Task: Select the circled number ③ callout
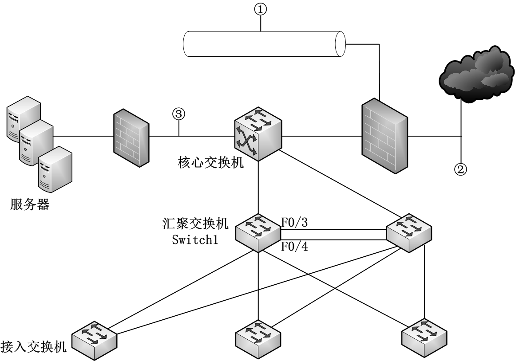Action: click(x=178, y=114)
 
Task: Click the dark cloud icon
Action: click(x=473, y=72)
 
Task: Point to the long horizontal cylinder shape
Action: click(x=264, y=44)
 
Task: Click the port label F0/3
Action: click(x=295, y=223)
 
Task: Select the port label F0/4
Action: click(x=295, y=247)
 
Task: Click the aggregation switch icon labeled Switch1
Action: click(x=258, y=231)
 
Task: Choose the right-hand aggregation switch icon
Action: click(x=408, y=232)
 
